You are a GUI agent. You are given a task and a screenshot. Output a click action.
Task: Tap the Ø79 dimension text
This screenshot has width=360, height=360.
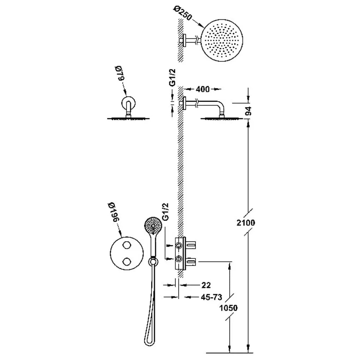tap(120, 73)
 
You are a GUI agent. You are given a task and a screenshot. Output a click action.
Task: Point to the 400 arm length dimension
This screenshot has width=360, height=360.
tap(203, 89)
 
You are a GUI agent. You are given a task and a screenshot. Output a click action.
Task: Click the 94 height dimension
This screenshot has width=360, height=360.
tap(248, 111)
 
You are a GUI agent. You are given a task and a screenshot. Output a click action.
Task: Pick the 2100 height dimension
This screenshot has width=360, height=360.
tap(246, 222)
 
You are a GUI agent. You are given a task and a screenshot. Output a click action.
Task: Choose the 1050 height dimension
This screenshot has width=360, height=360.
tap(228, 308)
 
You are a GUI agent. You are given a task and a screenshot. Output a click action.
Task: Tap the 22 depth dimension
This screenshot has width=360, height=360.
tap(206, 285)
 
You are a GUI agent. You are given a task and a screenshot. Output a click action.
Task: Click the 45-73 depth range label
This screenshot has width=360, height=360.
tap(211, 297)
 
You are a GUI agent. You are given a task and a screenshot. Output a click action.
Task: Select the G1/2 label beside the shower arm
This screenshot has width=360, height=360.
tap(173, 78)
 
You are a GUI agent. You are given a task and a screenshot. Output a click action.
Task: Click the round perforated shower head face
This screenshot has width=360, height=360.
tap(222, 40)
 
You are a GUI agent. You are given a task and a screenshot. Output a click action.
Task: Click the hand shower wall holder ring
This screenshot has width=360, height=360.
tap(152, 261)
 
